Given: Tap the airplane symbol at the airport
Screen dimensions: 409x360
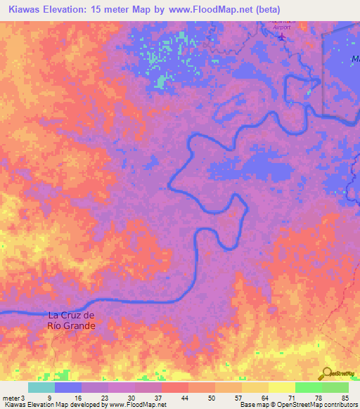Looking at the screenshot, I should tap(283, 37).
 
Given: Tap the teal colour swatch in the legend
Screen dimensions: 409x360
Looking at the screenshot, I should tap(41, 387).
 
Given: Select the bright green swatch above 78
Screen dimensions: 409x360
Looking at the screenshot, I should tap(308, 387).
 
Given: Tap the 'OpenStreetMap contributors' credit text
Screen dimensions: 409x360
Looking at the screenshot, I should tap(309, 405).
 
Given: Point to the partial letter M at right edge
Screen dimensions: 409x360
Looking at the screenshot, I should tap(355, 60).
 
